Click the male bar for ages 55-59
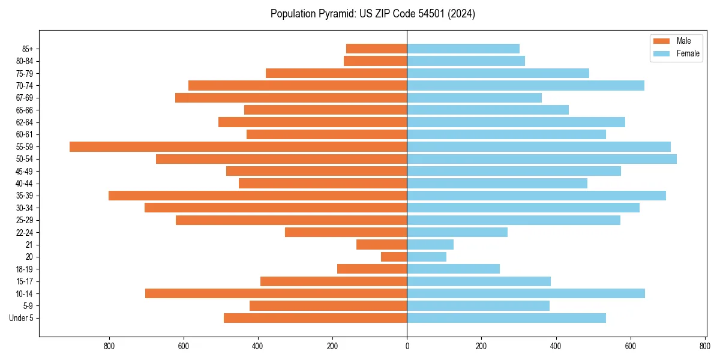[238, 147]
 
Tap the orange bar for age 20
[394, 257]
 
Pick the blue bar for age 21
[430, 245]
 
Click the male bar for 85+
[377, 49]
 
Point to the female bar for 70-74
[526, 86]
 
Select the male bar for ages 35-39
[258, 196]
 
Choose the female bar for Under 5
[506, 318]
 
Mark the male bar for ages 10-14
[276, 293]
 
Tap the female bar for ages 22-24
[457, 232]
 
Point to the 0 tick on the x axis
[407, 346]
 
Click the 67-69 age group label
[25, 98]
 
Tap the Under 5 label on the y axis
[22, 318]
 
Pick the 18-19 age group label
[25, 269]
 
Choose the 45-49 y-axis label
[25, 172]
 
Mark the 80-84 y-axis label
[25, 61]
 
